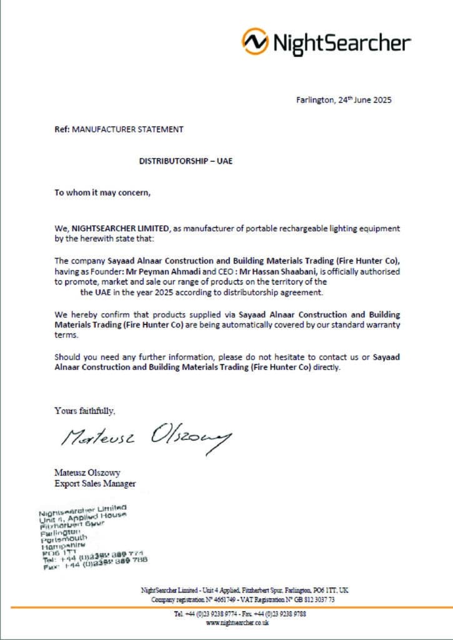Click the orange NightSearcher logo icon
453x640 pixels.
point(254,41)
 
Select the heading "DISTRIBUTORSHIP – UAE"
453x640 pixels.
point(186,161)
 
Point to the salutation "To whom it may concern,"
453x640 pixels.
point(102,192)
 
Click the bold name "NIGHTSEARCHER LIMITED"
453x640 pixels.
point(116,229)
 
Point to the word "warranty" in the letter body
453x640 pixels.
point(379,325)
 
